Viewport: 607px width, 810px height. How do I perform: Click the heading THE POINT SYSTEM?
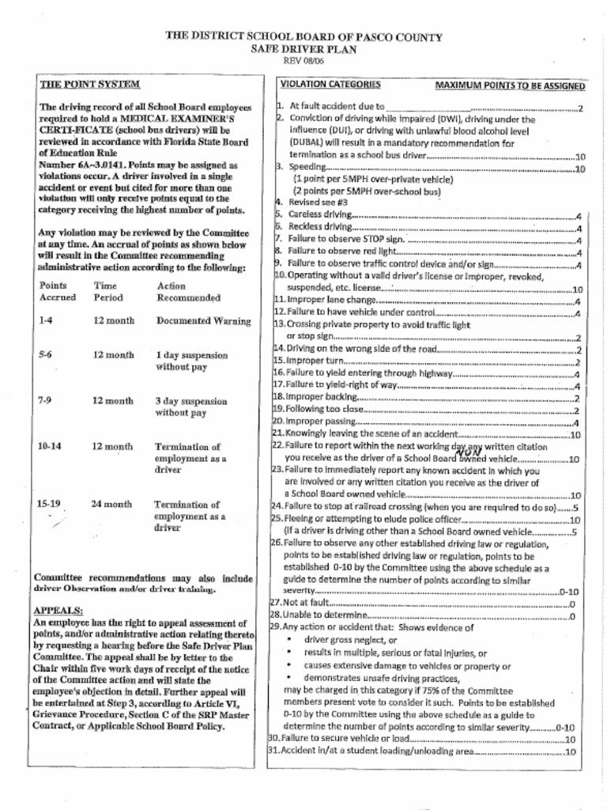89,84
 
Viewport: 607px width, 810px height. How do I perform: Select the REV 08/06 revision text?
303,60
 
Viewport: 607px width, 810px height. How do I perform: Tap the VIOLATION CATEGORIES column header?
330,84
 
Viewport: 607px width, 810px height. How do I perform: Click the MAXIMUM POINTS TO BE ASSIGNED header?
510,85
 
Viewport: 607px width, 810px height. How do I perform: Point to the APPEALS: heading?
58,611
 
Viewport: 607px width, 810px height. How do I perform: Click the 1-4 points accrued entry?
45,321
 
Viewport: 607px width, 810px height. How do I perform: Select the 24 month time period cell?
111,504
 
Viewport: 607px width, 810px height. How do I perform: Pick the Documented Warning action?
203,321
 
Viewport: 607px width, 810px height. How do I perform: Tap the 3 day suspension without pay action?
190,407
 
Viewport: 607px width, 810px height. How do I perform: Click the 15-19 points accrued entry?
49,504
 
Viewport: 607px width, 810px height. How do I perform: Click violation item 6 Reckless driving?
320,226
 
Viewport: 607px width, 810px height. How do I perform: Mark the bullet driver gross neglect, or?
349,640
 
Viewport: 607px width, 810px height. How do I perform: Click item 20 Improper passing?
321,422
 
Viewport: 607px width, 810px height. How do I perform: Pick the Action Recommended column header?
188,292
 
